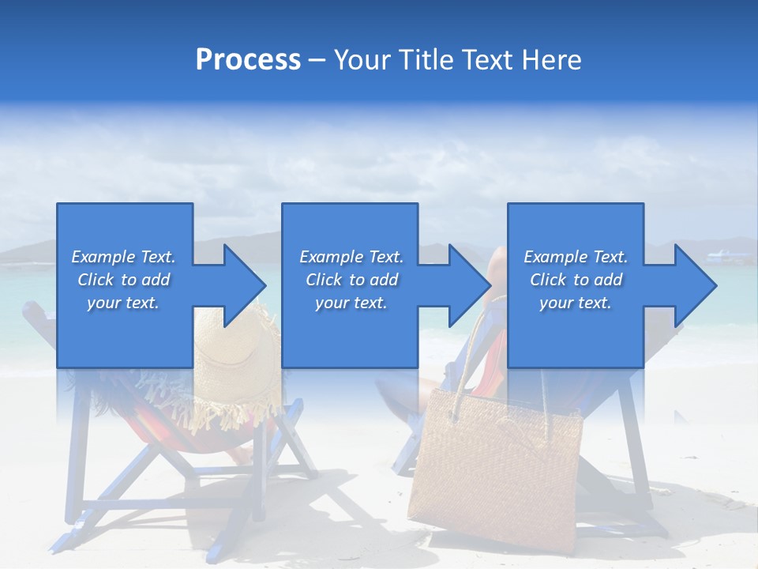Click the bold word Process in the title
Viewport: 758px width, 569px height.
(x=248, y=60)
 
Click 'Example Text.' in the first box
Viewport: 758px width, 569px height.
(x=123, y=257)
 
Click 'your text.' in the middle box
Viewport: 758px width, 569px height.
(x=351, y=303)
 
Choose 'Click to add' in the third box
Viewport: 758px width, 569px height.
(x=576, y=280)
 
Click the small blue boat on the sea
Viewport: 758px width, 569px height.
(x=722, y=254)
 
